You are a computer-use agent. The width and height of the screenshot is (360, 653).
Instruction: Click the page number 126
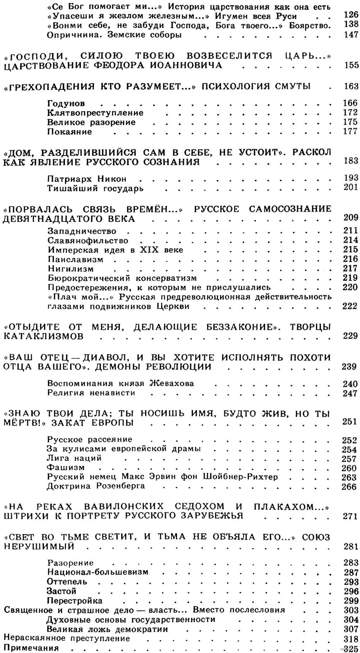[x=351, y=16]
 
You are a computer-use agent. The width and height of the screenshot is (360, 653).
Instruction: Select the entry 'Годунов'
[x=66, y=104]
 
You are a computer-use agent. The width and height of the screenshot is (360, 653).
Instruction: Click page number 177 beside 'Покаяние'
[x=351, y=131]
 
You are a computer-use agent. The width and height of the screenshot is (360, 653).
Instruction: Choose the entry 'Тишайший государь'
[x=95, y=188]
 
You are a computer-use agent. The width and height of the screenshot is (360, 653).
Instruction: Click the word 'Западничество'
[x=82, y=231]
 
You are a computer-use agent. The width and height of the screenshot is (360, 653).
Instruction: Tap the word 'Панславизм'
[x=75, y=259]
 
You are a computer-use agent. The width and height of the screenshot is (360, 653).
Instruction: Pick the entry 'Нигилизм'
[x=70, y=269]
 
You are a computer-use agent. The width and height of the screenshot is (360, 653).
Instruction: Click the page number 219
[x=351, y=278]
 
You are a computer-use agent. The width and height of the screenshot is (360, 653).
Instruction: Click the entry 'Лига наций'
[x=74, y=458]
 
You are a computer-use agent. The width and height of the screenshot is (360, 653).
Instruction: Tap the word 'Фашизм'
[x=66, y=468]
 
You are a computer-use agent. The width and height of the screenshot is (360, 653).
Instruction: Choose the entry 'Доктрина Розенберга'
[x=95, y=486]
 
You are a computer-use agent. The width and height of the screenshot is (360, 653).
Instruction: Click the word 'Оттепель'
[x=67, y=581]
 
